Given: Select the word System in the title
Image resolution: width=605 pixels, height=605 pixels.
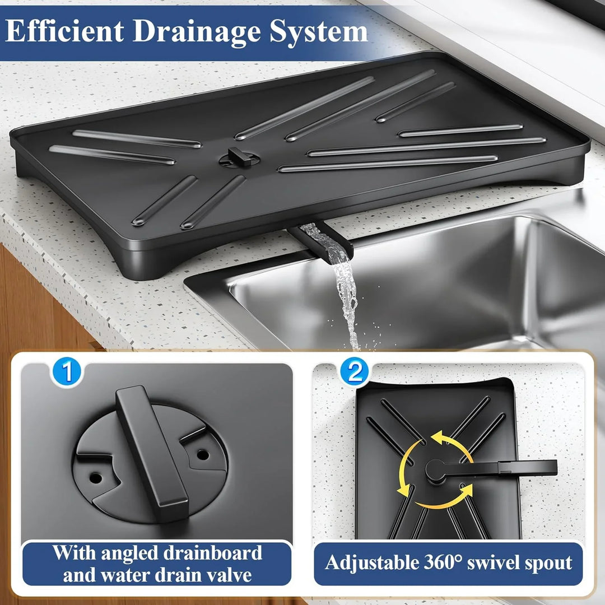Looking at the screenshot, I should [318, 32].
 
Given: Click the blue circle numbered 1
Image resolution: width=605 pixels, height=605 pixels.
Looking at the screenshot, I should [67, 373].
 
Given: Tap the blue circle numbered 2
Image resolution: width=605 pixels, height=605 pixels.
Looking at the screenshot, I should [355, 373].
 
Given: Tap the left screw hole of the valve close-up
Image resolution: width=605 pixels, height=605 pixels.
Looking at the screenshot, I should [96, 478].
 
